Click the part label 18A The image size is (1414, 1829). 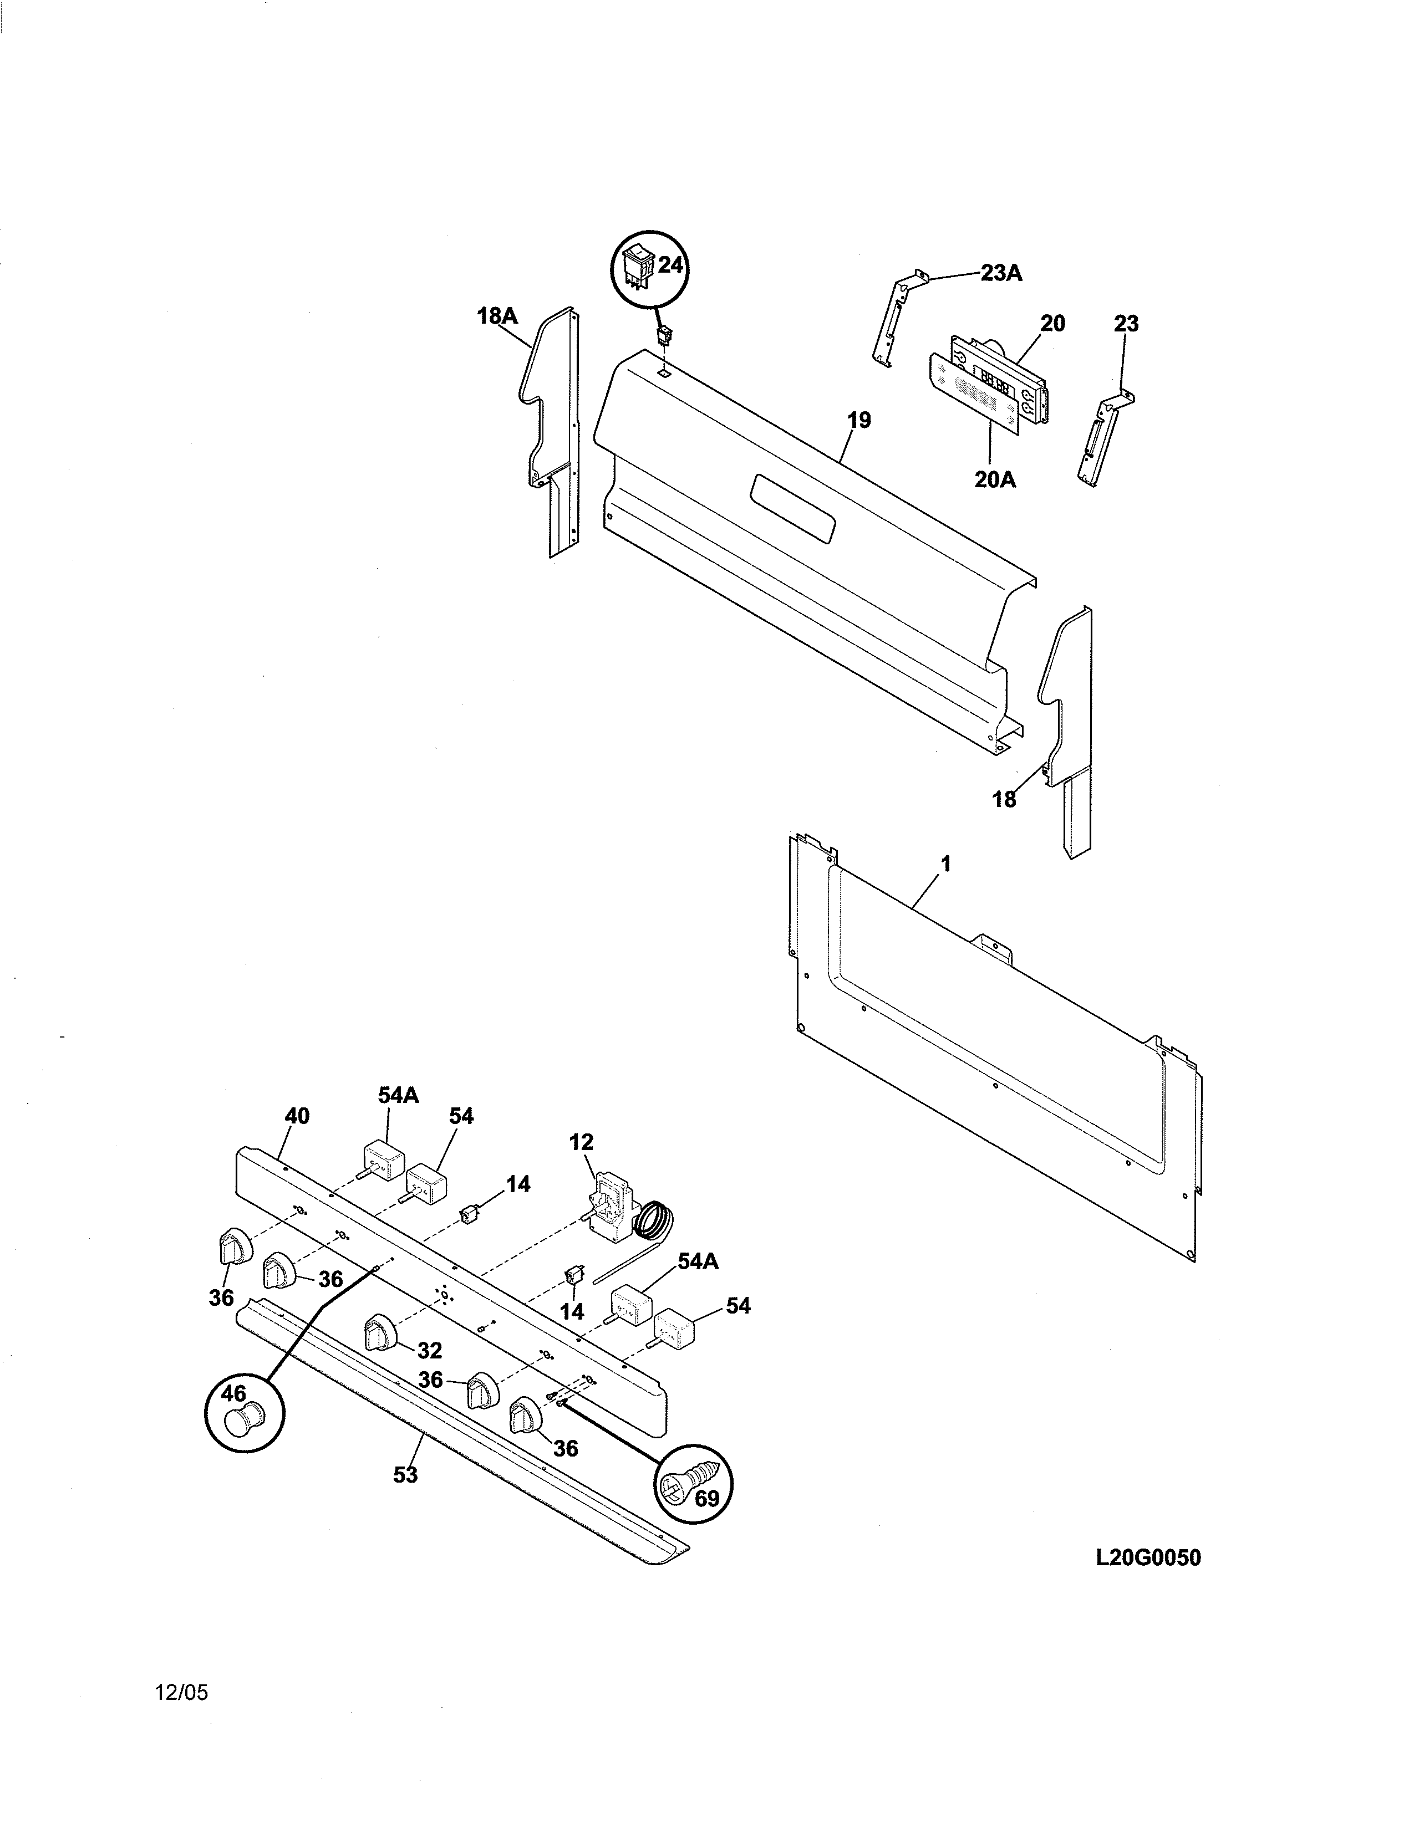tap(497, 316)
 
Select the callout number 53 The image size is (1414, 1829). tap(405, 1498)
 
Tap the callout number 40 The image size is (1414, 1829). tap(297, 1116)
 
